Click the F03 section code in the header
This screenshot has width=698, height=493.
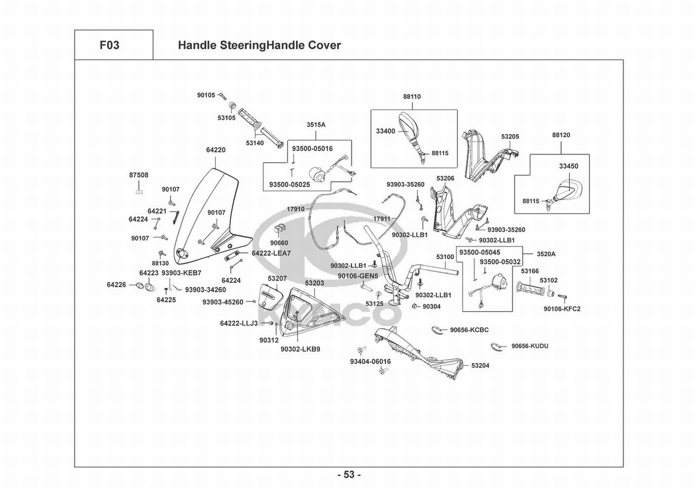click(110, 45)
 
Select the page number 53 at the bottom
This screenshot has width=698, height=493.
click(349, 475)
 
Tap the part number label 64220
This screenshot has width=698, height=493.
click(216, 150)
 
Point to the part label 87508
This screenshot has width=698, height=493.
click(139, 175)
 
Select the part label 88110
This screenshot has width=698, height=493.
click(412, 97)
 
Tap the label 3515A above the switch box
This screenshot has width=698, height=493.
click(316, 125)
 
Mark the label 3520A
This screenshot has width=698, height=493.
click(546, 254)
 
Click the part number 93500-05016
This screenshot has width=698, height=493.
click(312, 148)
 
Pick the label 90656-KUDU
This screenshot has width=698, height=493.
click(529, 346)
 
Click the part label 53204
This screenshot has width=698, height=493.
click(480, 366)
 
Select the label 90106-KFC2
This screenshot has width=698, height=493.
click(562, 309)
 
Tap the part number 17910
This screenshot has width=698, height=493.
click(295, 209)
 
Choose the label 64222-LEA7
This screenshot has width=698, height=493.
click(271, 253)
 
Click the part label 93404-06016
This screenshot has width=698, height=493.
click(370, 361)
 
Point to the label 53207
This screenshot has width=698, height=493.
click(277, 279)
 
